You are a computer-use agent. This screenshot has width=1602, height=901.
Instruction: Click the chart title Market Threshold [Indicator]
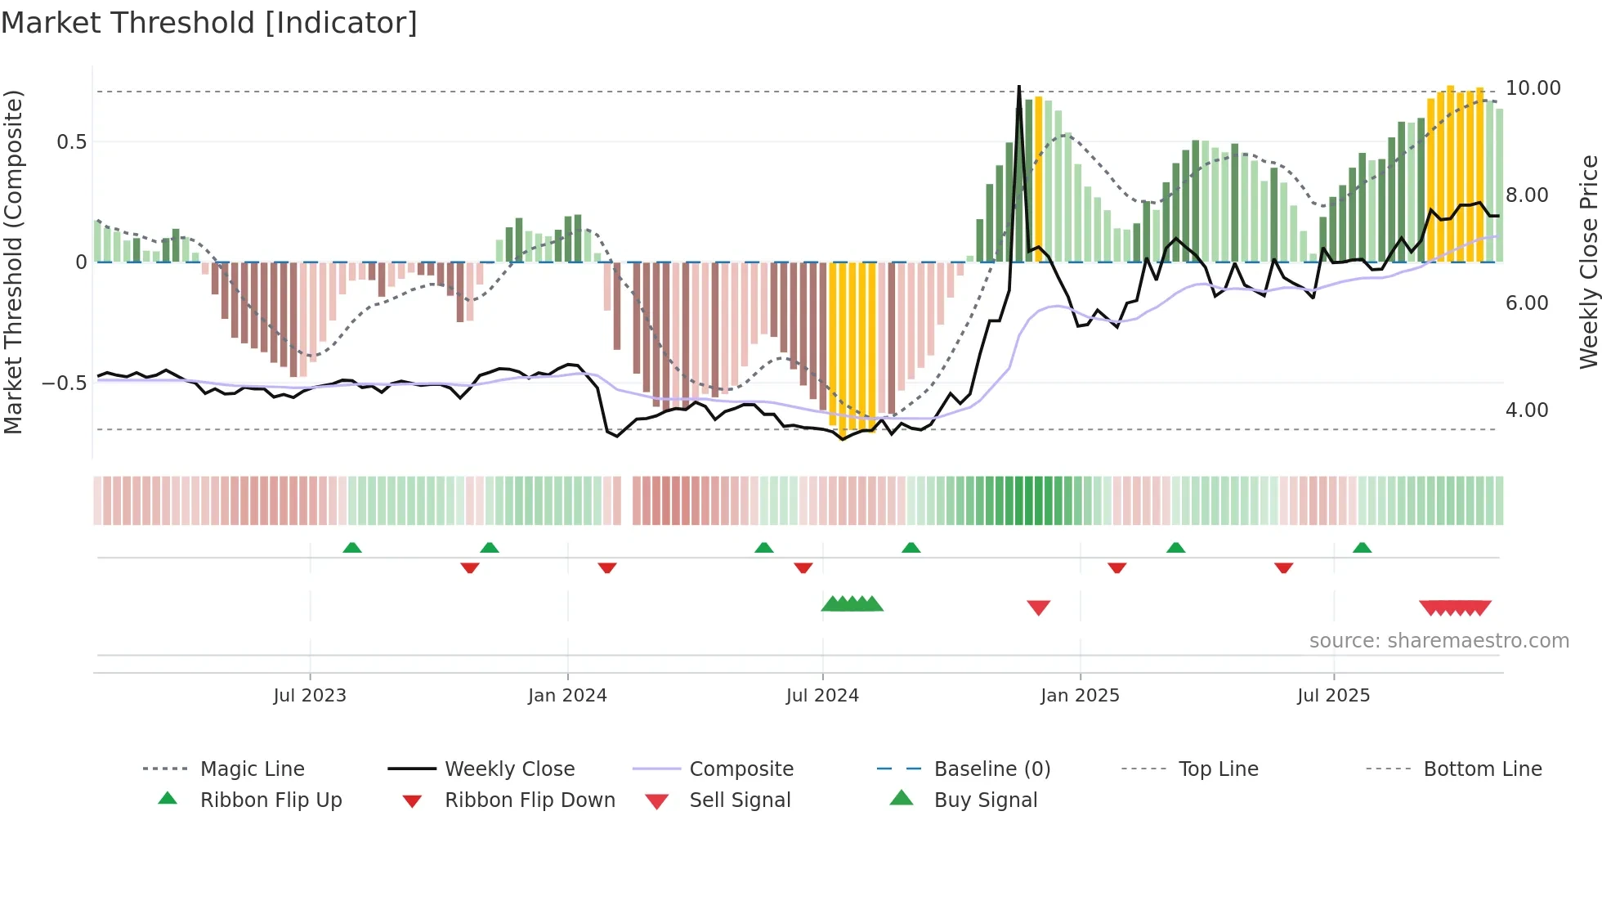tap(209, 23)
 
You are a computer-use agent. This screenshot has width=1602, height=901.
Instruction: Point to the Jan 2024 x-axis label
tap(567, 696)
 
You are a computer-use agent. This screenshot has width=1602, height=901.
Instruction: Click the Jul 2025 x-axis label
tap(1333, 696)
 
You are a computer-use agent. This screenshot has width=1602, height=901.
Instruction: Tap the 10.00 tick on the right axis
tap(1533, 88)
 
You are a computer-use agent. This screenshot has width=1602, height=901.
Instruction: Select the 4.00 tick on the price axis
tap(1526, 410)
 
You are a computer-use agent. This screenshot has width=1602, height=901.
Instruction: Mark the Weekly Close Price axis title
tap(1588, 262)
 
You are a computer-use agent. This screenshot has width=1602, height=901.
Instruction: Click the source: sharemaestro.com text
tap(1439, 641)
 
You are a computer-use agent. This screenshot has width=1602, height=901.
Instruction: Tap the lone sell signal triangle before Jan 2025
tap(1038, 607)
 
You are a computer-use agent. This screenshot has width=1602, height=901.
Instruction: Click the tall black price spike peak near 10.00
tap(1018, 87)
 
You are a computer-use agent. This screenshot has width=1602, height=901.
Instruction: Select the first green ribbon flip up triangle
tap(352, 547)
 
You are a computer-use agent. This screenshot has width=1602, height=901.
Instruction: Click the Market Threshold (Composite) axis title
tap(13, 262)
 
